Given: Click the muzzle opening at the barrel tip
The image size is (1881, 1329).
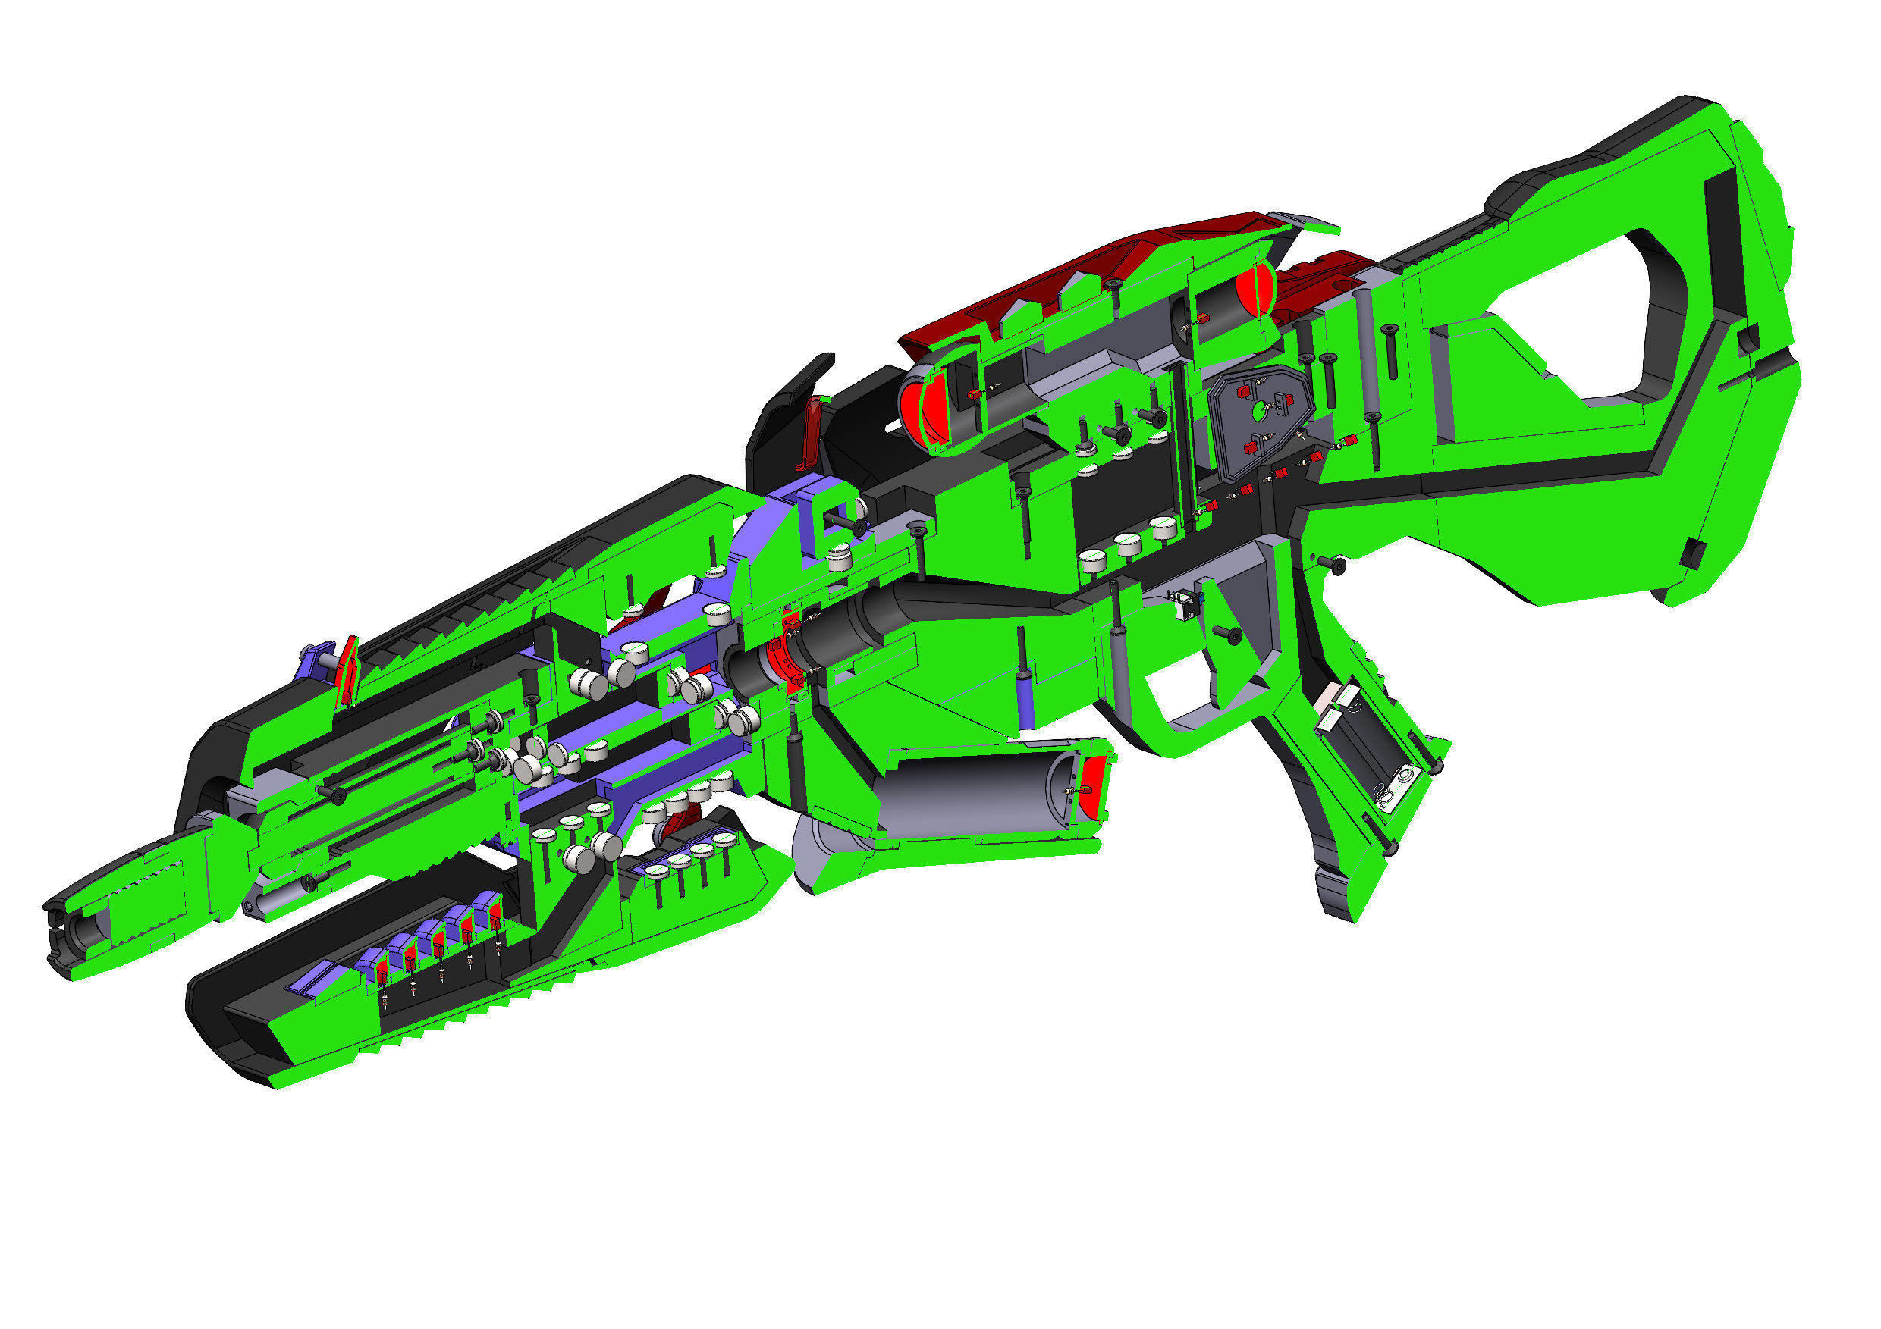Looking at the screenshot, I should point(82,931).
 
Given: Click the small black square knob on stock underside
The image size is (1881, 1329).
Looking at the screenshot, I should point(1688,553).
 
